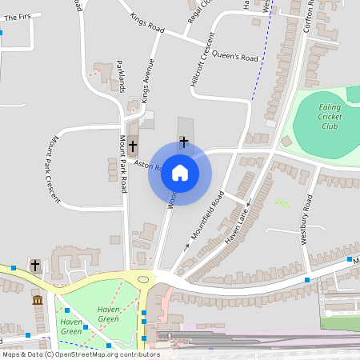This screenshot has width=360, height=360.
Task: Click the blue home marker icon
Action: (180, 173)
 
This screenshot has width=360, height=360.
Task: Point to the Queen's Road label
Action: (238, 58)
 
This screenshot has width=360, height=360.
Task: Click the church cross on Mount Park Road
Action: (132, 148)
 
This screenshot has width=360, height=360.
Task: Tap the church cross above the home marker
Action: (184, 142)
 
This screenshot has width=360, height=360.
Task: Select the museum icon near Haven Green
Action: (38, 300)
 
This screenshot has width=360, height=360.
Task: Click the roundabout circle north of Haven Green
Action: (144, 279)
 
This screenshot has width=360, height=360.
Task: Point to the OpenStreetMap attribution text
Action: (80, 354)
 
